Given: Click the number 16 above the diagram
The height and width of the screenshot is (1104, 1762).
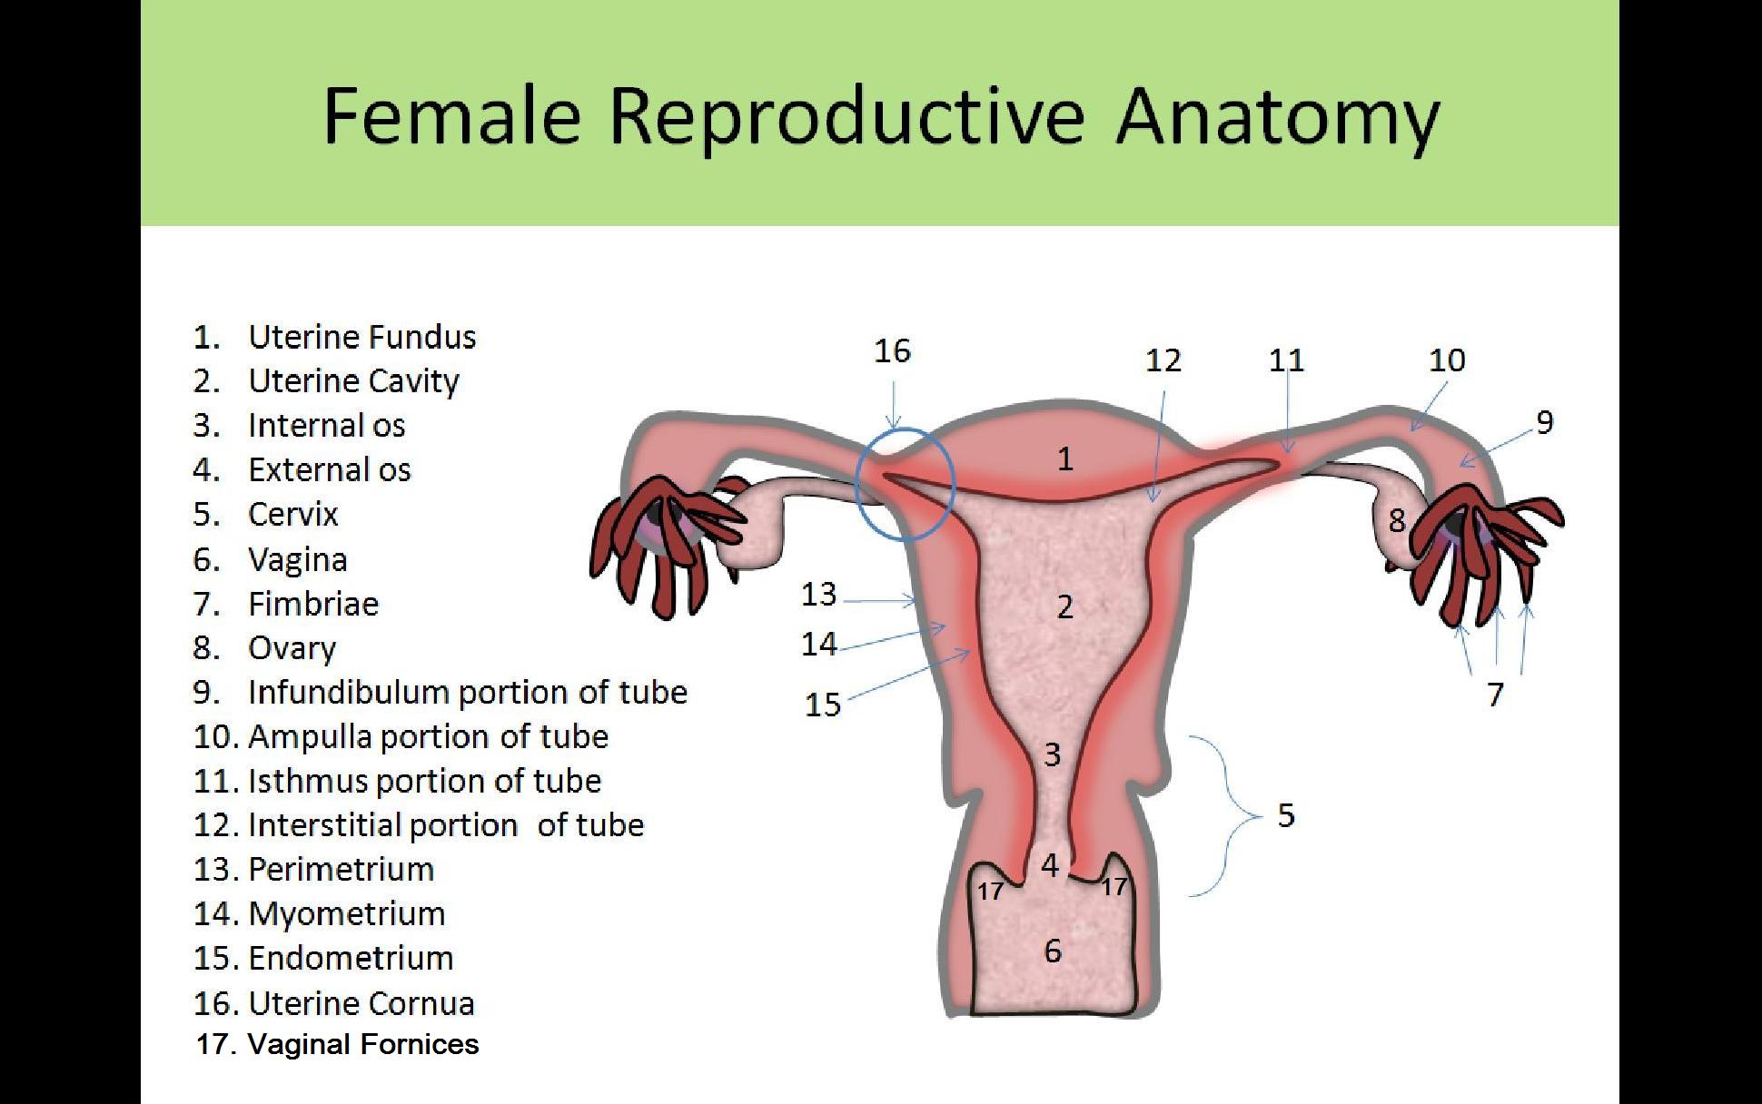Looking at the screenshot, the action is tap(892, 350).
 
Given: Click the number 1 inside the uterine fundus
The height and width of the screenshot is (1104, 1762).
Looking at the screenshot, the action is tap(1065, 459).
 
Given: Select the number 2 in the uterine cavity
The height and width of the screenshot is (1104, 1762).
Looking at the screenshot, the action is tap(1065, 606).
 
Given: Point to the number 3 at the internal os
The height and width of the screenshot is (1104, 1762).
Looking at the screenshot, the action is tap(1053, 754).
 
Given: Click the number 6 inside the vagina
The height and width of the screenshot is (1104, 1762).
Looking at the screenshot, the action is tap(1053, 951).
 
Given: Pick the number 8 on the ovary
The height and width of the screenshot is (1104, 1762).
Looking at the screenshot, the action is tap(1397, 520).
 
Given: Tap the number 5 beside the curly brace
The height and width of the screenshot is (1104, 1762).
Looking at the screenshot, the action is tap(1286, 815).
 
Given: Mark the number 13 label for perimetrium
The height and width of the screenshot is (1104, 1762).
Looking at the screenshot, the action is tap(818, 594).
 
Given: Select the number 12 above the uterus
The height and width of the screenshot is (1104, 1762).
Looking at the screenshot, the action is tap(1163, 360).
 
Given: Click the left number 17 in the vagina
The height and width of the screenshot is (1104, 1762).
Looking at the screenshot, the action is tap(990, 891).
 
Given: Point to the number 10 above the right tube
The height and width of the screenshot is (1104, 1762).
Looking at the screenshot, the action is tap(1447, 360).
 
